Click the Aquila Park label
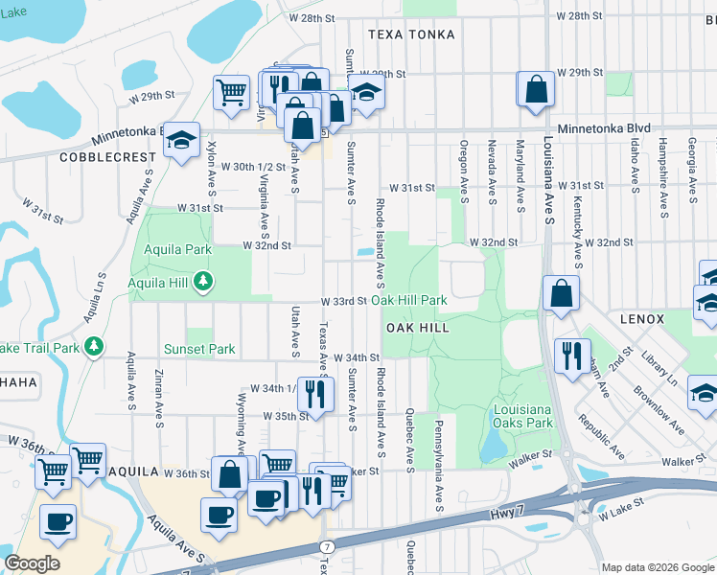click(x=171, y=249)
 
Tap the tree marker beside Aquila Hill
click(x=202, y=282)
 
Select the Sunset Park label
click(x=198, y=350)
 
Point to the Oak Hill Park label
click(x=409, y=300)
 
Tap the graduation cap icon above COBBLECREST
click(x=180, y=140)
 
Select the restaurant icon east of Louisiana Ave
click(x=571, y=356)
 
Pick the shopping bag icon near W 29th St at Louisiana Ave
click(x=536, y=88)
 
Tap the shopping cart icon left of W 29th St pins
click(x=231, y=93)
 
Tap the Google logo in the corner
click(x=32, y=563)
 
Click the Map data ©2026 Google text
click(x=658, y=567)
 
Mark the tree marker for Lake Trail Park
click(x=93, y=345)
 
